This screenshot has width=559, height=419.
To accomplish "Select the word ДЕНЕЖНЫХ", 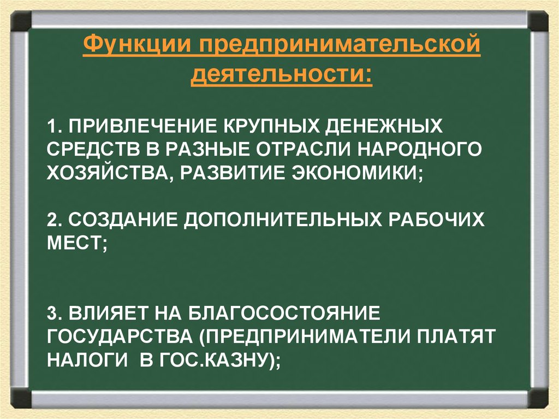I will [x=383, y=127].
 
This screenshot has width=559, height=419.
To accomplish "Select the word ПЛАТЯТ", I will [x=456, y=335].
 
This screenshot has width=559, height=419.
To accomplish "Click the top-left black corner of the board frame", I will [x=21, y=21].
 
